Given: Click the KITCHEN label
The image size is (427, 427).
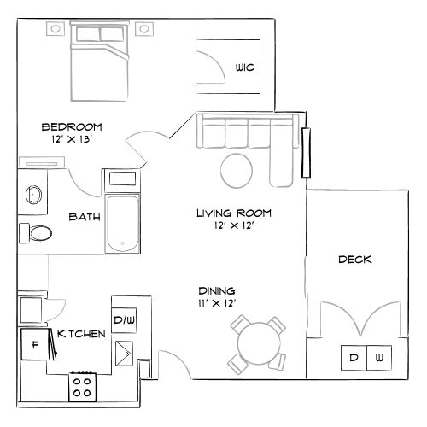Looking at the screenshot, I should (81, 334).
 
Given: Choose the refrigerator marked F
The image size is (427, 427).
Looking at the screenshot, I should (34, 346).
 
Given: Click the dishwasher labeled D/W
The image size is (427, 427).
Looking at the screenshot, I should (123, 319).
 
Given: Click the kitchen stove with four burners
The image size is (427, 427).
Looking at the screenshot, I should (83, 387).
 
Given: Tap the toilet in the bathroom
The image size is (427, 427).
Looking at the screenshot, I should (36, 231).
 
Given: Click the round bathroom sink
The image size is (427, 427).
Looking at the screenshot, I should (33, 194).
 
